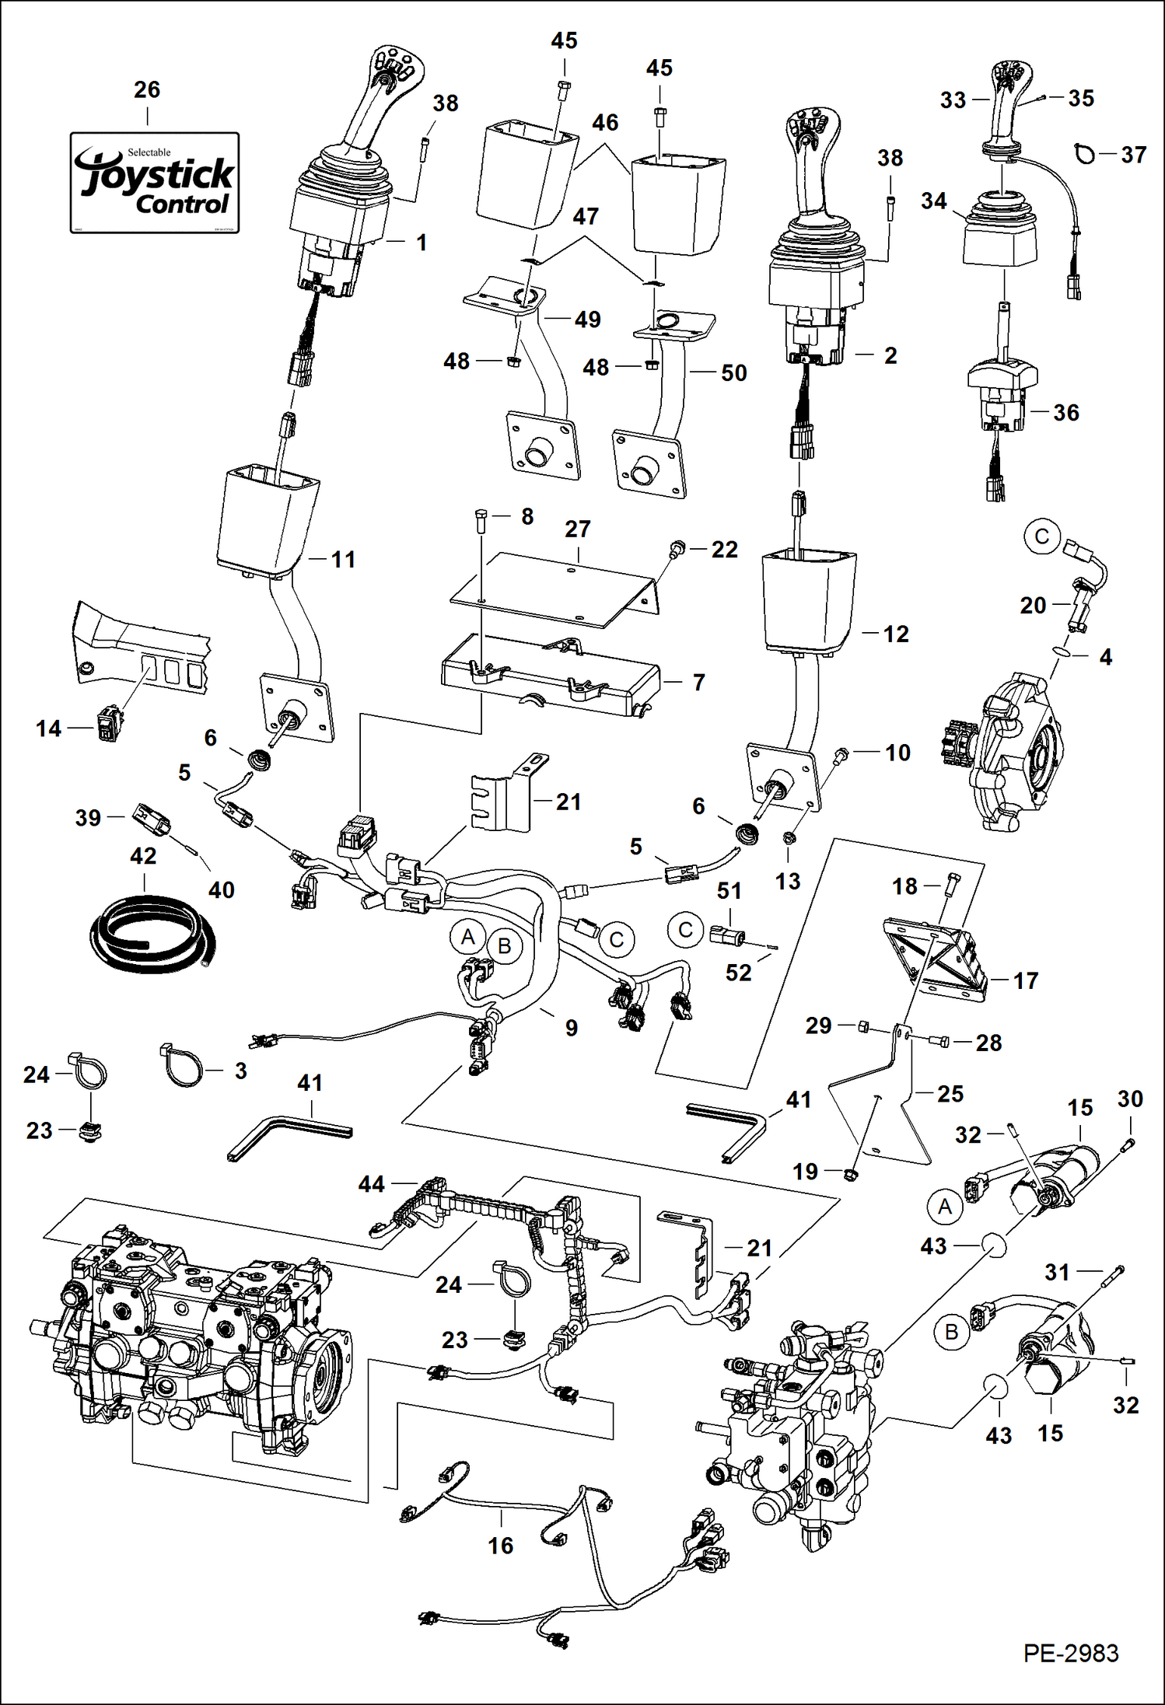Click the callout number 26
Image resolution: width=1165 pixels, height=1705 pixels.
pos(147,90)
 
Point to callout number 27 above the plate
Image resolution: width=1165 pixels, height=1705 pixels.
pos(577,529)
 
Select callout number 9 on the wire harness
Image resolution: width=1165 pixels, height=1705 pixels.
pos(572,1029)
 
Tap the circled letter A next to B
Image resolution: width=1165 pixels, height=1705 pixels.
pos(467,938)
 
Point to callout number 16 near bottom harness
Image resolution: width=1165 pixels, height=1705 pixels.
pos(501,1546)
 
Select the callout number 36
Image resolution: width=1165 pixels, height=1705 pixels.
pos(1066,413)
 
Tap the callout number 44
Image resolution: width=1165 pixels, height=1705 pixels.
pos(372,1184)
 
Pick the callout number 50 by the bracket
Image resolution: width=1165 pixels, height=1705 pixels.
pos(733,373)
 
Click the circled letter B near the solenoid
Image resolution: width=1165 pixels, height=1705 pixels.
pos(951,1333)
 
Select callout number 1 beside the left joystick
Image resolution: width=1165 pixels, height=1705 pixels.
pos(422,243)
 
